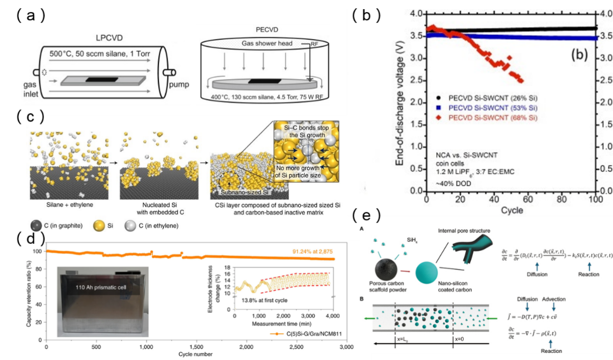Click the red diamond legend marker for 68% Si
(x=439, y=118)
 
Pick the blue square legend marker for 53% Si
(x=439, y=107)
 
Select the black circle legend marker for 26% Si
(x=439, y=97)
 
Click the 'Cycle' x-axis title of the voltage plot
(x=492, y=209)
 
